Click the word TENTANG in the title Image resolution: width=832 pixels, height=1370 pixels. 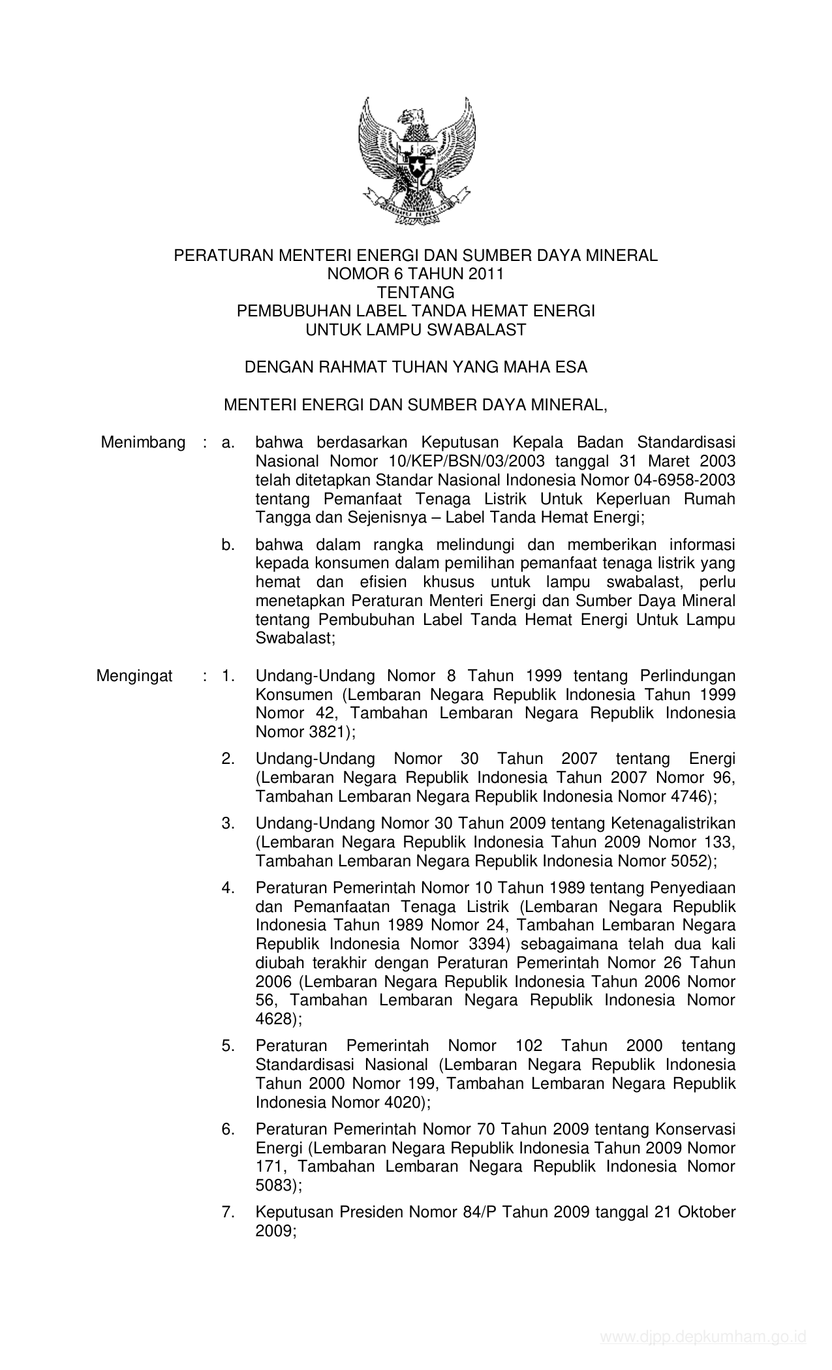click(415, 292)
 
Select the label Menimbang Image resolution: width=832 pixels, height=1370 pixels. click(143, 443)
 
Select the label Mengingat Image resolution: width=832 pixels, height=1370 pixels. click(134, 675)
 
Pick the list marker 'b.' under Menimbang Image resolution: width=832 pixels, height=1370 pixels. click(228, 545)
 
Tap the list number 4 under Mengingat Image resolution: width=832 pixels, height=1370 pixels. click(228, 888)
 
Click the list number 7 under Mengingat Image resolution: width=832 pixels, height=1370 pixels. click(228, 1212)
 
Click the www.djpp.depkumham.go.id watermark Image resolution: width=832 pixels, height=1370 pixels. click(703, 1350)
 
